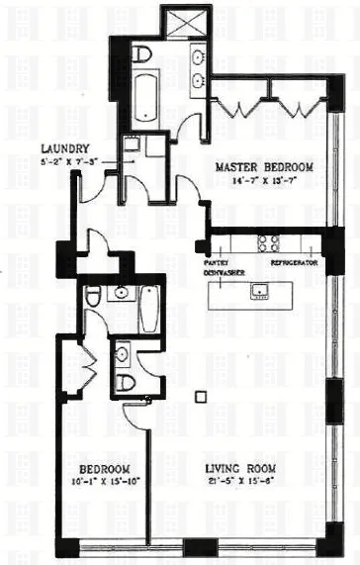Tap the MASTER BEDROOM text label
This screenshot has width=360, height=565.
point(264,168)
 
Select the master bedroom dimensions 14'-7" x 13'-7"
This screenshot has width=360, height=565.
point(264,182)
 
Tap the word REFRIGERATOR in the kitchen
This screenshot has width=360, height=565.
point(293,264)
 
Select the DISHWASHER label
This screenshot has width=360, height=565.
point(225,272)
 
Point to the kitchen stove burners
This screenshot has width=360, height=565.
point(267,241)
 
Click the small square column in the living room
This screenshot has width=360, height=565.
point(201,397)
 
